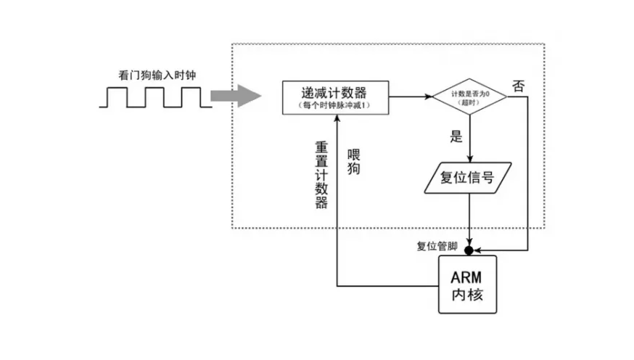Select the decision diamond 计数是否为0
click(469, 96)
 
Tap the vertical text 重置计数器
click(321, 173)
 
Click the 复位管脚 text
click(437, 246)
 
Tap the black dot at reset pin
click(469, 250)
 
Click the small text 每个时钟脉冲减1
click(334, 106)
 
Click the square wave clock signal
click(155, 98)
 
